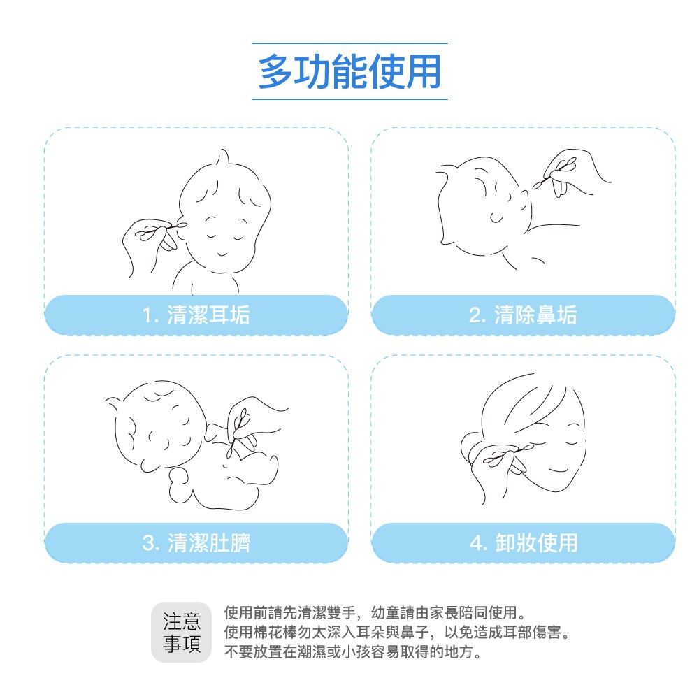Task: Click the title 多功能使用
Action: coord(349,71)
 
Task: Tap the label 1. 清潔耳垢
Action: coord(196,315)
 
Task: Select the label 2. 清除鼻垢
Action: coord(523,315)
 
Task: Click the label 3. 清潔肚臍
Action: coord(196,543)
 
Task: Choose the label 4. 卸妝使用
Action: coord(524,543)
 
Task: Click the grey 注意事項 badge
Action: coord(182,632)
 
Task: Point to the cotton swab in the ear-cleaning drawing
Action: coord(161,229)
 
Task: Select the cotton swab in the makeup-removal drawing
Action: coord(509,453)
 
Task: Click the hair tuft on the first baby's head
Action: coord(222,157)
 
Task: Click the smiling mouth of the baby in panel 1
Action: coord(222,254)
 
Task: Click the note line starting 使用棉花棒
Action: coord(397,632)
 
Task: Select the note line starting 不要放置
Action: coord(353,651)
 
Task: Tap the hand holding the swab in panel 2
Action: coord(576,173)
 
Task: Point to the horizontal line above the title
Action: coord(349,43)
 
